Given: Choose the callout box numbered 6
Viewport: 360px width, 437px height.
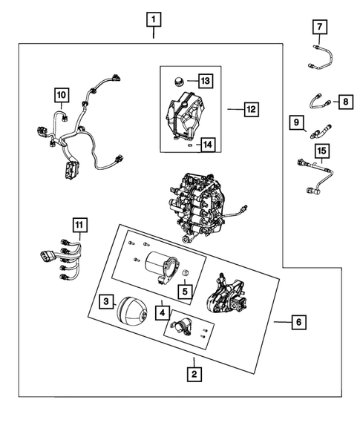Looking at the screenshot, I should (298, 323).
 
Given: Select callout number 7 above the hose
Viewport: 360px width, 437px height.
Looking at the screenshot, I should (319, 28).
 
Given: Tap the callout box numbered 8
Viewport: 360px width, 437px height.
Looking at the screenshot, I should (344, 102).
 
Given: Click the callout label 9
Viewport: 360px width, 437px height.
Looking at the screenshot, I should (297, 122).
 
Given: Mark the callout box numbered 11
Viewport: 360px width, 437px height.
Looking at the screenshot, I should (79, 223).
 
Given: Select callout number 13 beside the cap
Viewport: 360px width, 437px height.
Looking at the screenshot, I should (205, 79).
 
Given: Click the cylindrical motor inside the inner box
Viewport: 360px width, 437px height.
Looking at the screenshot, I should (158, 265).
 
